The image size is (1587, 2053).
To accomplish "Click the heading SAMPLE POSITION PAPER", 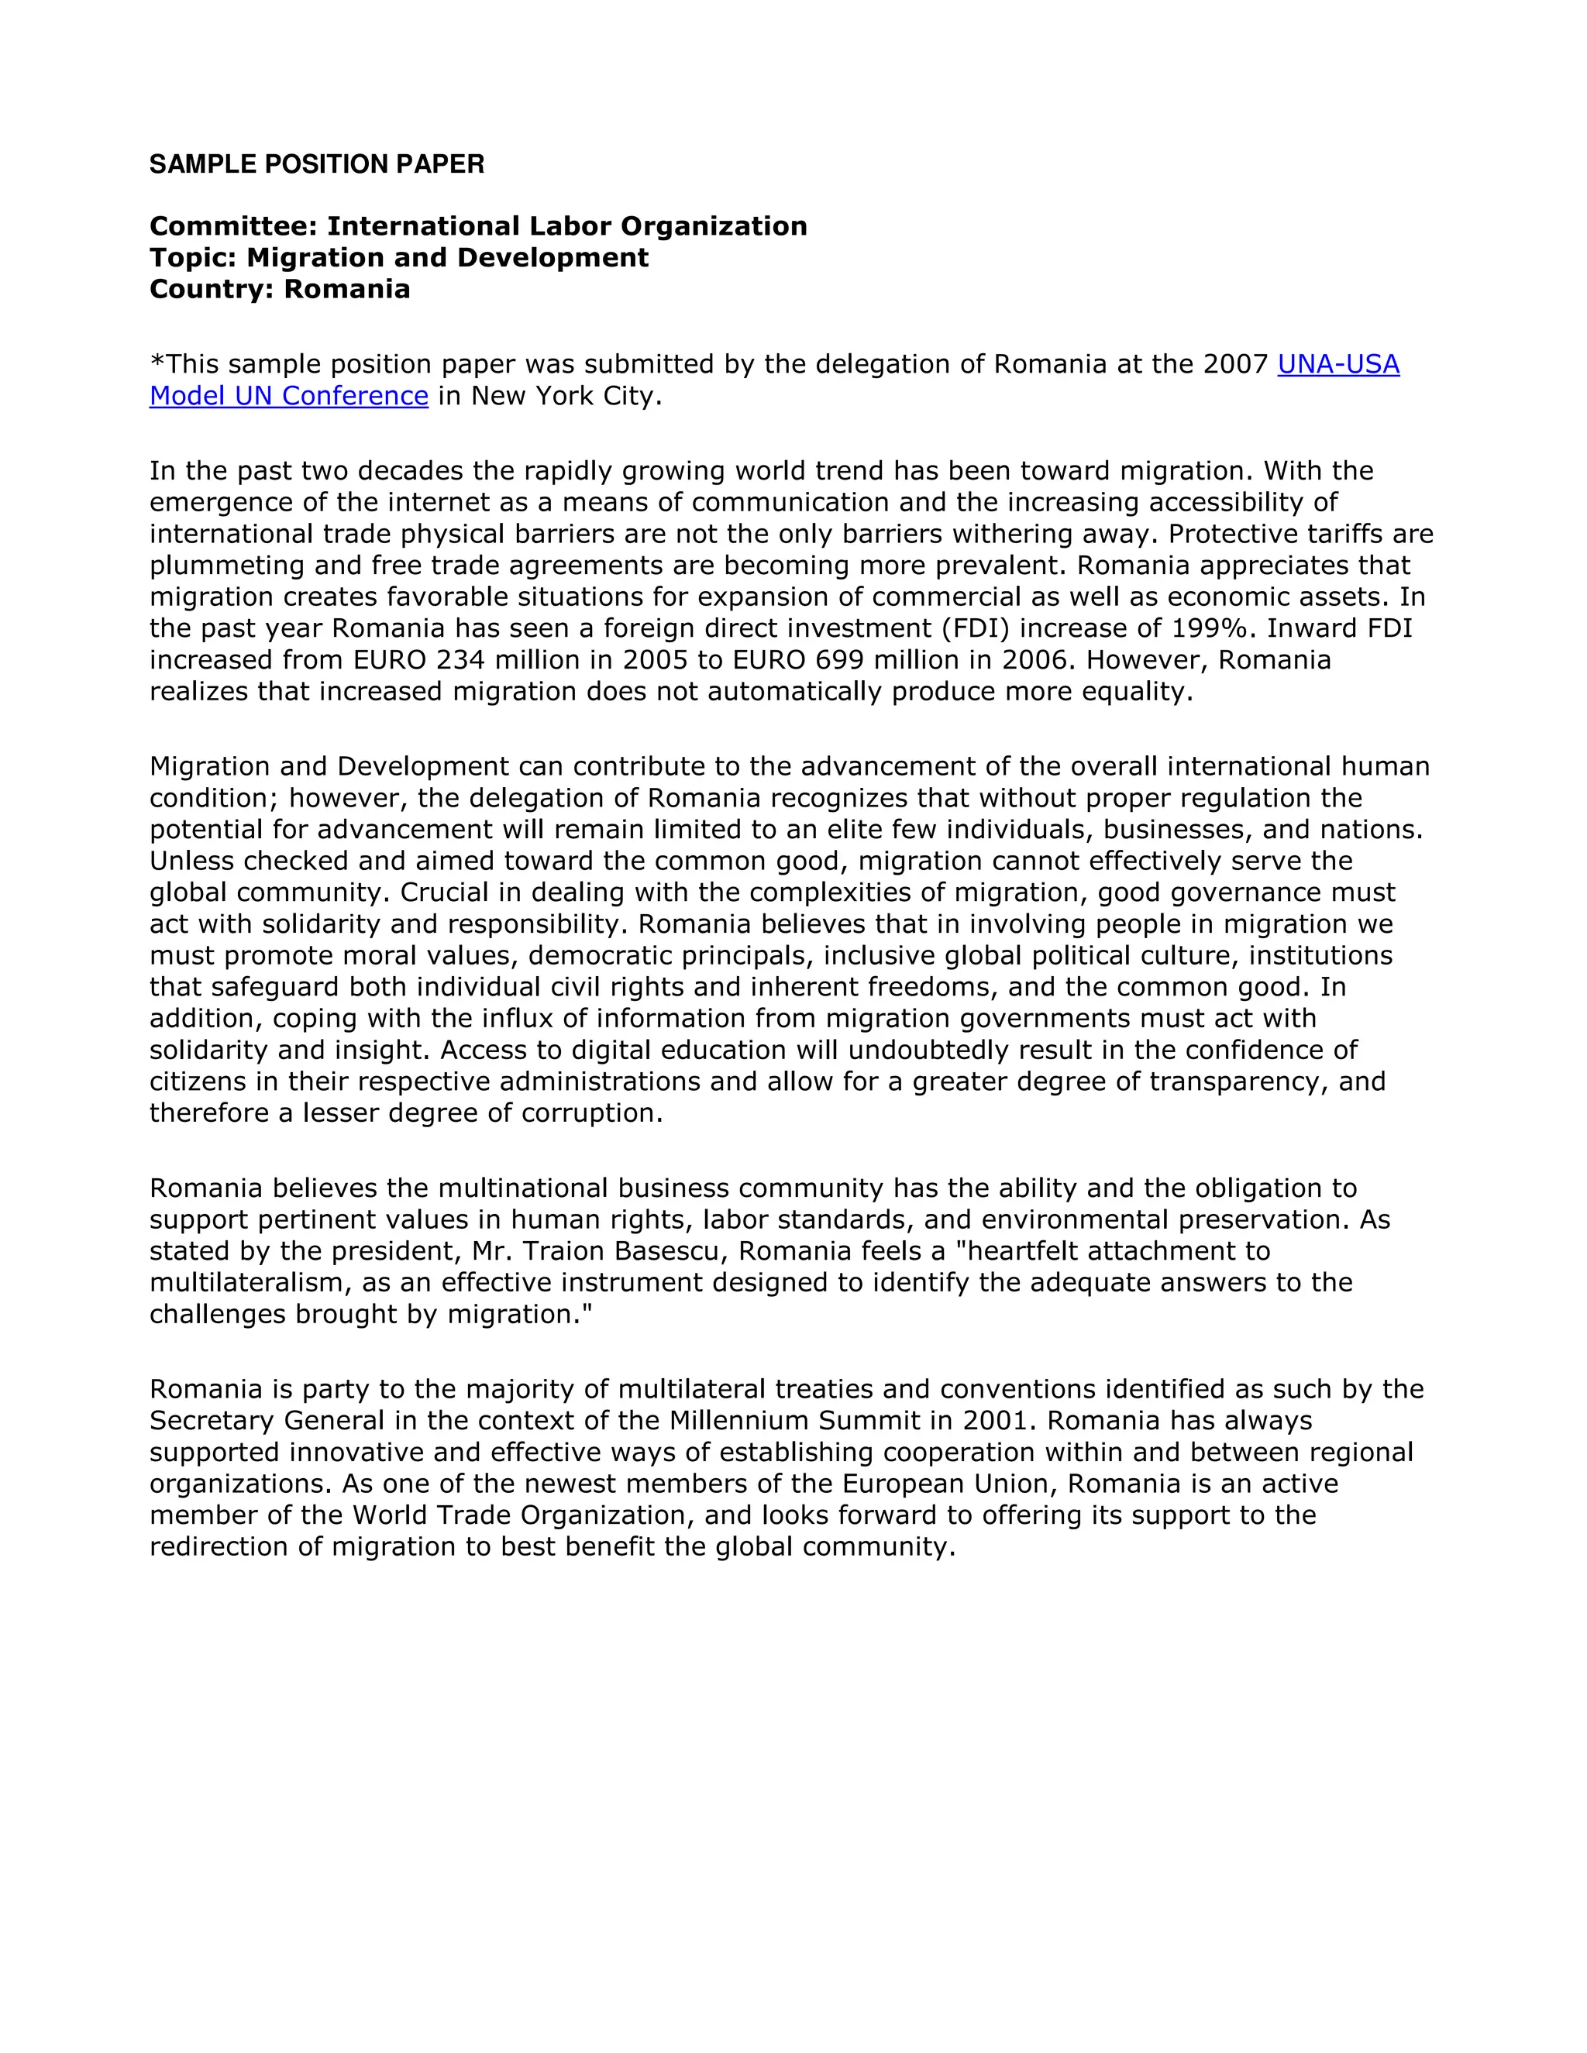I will click(x=317, y=164).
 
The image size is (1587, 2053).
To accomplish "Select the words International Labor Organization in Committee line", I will click(x=567, y=226).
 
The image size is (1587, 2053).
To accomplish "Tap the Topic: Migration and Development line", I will click(x=398, y=257).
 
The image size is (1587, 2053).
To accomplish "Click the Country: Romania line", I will click(x=279, y=289).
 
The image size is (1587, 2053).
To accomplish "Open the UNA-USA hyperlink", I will click(x=1337, y=364).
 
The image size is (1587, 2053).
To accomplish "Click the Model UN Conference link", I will click(x=288, y=396).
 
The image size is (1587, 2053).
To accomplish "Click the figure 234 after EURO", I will click(x=460, y=660).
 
